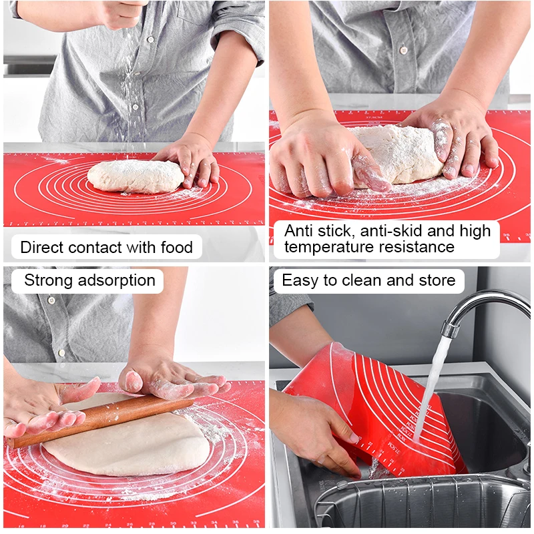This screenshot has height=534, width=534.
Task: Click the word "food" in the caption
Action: (x=176, y=248)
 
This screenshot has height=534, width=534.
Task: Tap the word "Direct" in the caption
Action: (x=42, y=248)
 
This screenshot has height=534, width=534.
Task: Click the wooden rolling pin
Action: (x=100, y=421)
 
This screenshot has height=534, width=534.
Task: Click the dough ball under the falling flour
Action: (x=133, y=176)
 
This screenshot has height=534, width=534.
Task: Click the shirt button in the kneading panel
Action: (x=403, y=50)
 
